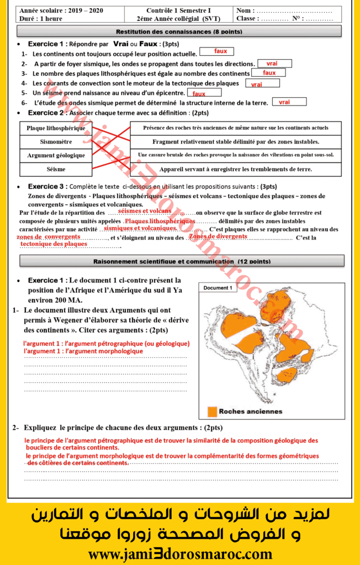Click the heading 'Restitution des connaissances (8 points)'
pos(178,31)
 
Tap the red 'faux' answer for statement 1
pos(221,51)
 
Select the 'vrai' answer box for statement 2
pos(272,63)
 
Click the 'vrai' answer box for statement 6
pos(285,102)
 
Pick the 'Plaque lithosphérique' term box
pos(56,128)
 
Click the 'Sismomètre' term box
pos(56,142)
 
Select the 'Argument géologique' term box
pos(56,156)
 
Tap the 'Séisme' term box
pos(56,169)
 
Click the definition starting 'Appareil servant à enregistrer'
pos(236,169)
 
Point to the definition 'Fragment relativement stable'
pos(236,142)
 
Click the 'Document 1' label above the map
pos(218,288)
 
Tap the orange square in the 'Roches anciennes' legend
pos(212,412)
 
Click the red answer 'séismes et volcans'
pos(145,211)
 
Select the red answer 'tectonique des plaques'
pos(54,243)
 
